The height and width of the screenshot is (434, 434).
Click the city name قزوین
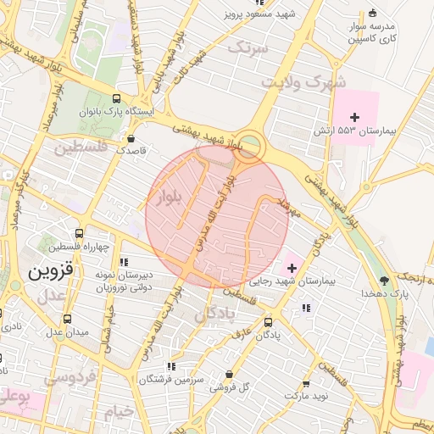(52, 272)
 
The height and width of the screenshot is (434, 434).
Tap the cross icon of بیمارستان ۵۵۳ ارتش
(355, 115)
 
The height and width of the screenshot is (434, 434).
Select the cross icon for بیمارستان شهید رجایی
(292, 268)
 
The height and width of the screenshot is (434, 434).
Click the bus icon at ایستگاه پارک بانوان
(116, 97)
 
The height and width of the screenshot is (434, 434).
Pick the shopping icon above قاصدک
(131, 138)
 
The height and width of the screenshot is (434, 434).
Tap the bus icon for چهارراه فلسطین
(79, 233)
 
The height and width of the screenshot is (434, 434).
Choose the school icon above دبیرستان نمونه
(125, 262)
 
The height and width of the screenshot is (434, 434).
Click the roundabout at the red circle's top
(249, 146)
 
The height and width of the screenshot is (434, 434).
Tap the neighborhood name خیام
(119, 411)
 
